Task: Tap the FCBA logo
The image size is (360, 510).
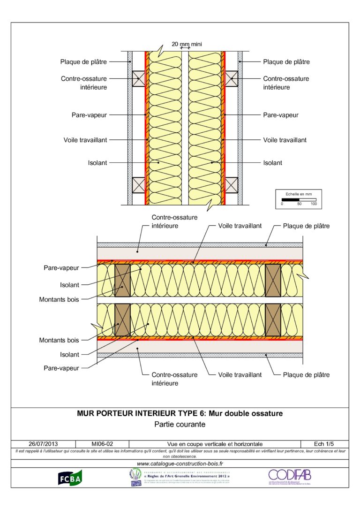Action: point(70,477)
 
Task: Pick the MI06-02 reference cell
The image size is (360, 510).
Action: point(102,444)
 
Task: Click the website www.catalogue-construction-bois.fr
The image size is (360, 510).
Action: point(180,464)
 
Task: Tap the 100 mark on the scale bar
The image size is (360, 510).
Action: point(313,205)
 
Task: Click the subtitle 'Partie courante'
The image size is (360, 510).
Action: point(180,424)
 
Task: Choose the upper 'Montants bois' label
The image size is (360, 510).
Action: point(59,298)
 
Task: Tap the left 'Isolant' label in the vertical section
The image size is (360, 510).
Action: point(97,163)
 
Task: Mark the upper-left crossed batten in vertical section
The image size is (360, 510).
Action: point(138,78)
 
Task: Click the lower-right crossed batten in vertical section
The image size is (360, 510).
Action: point(231,185)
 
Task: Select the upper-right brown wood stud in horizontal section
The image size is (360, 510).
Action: point(273,280)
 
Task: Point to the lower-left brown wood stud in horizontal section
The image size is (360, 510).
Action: point(122,320)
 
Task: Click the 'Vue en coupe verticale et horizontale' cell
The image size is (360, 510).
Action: point(215,444)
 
